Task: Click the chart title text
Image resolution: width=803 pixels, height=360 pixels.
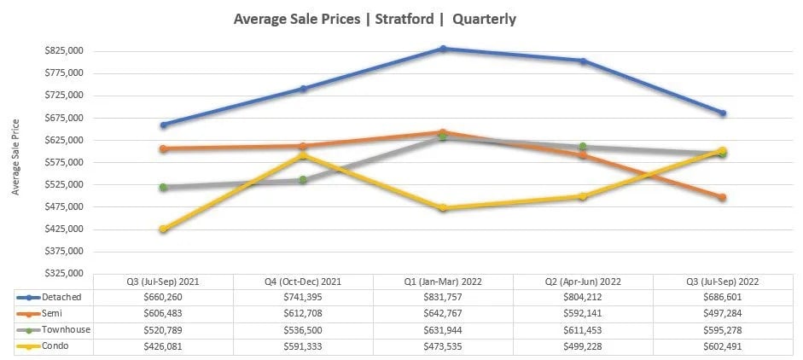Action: pyautogui.click(x=375, y=18)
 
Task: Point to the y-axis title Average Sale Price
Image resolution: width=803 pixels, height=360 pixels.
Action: pyautogui.click(x=16, y=157)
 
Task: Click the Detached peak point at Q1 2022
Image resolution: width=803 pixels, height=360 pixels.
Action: pyautogui.click(x=443, y=49)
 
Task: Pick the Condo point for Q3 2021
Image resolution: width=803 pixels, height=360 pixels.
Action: pyautogui.click(x=163, y=229)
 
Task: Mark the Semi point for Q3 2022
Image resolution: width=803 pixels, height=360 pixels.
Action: pyautogui.click(x=722, y=197)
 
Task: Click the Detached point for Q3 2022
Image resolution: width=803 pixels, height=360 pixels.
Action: pyautogui.click(x=722, y=113)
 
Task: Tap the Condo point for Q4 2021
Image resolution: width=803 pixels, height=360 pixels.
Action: pyautogui.click(x=303, y=155)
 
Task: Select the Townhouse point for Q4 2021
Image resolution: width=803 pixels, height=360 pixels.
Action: pyautogui.click(x=303, y=179)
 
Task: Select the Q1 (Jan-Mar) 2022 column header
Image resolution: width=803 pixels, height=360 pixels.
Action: pyautogui.click(x=443, y=282)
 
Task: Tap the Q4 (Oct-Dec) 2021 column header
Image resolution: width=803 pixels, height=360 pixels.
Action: pyautogui.click(x=303, y=282)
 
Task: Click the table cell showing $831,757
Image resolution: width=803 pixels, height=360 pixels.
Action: pyautogui.click(x=443, y=297)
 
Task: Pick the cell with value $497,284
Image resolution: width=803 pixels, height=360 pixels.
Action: pyautogui.click(x=722, y=313)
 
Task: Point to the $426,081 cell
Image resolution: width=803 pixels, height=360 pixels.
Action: pyautogui.click(x=163, y=345)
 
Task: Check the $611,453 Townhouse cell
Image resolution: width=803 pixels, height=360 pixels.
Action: pyautogui.click(x=583, y=329)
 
